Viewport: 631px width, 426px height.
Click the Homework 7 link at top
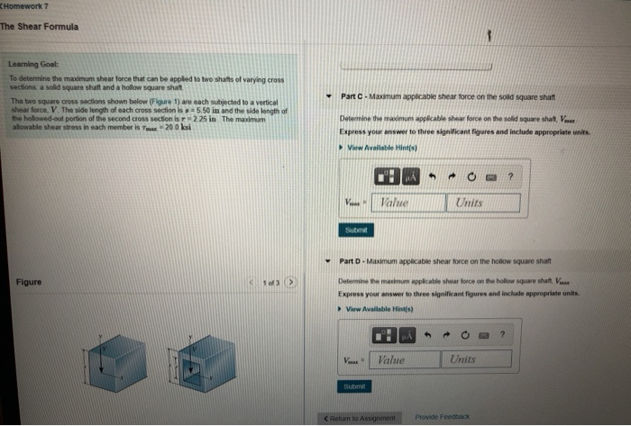(26, 7)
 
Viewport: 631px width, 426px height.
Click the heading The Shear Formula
(40, 26)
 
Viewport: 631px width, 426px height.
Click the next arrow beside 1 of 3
(292, 284)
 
